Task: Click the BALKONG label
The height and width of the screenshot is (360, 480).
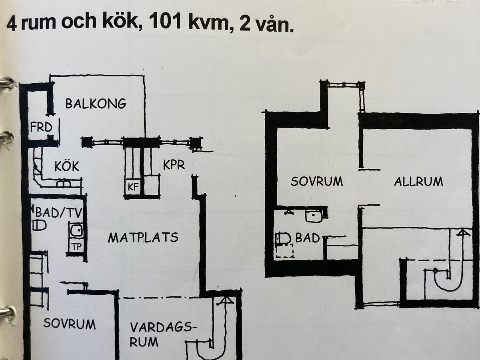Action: (x=96, y=104)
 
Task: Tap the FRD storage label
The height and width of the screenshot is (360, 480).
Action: (x=41, y=127)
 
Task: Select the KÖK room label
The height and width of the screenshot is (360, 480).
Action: (x=67, y=166)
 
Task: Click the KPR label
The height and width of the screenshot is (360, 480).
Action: (x=174, y=165)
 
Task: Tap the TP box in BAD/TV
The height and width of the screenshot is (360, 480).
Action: (x=76, y=246)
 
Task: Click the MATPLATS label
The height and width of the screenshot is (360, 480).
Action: (x=143, y=237)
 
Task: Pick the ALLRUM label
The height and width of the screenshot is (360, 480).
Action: (x=419, y=182)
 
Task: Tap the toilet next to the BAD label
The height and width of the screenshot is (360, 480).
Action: (x=284, y=238)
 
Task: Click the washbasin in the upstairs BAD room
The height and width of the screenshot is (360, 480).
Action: (x=313, y=216)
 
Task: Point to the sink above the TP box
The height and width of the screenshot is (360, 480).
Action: (x=76, y=231)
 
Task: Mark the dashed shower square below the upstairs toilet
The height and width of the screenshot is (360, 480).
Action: (x=284, y=251)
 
